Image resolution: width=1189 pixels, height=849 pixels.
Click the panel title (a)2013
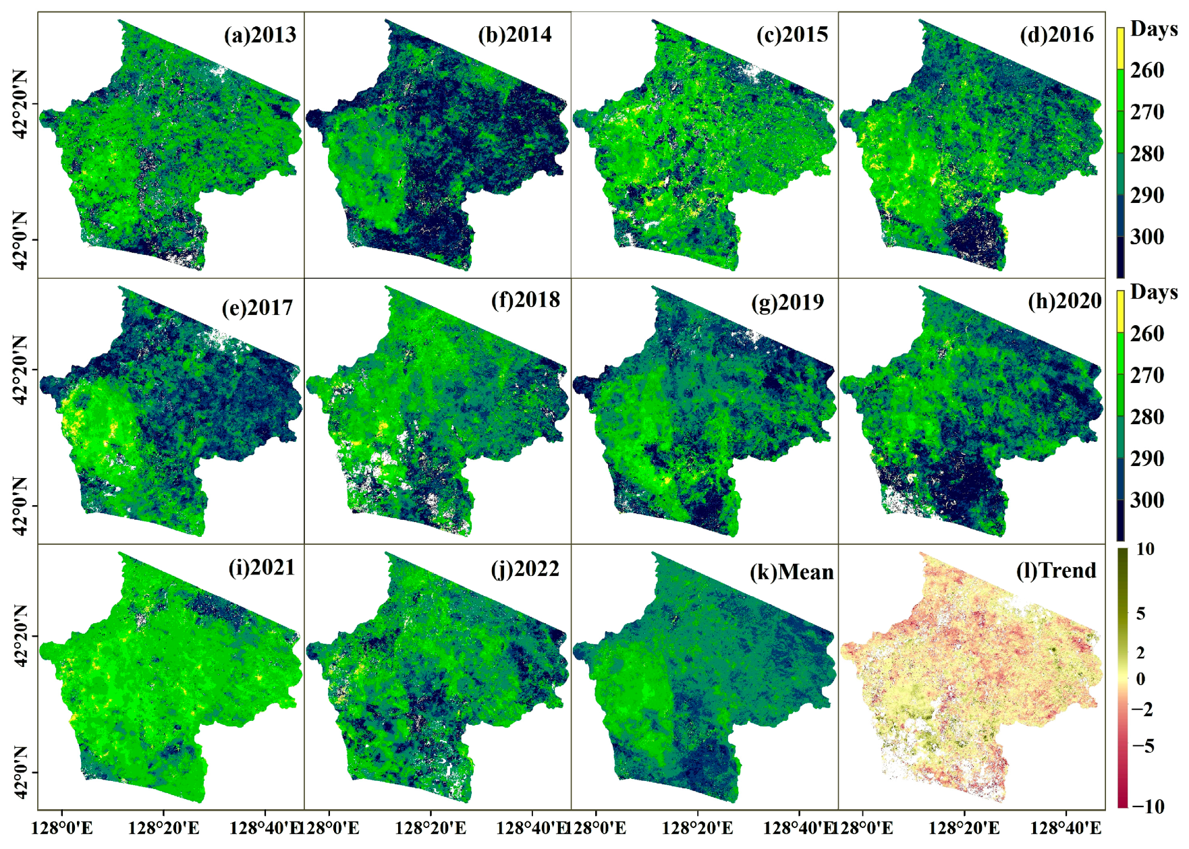[x=260, y=34]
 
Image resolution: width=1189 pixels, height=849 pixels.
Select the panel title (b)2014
[x=514, y=34]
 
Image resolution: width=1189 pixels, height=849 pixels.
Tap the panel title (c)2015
[x=792, y=34]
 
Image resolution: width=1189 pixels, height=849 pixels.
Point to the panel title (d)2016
[x=1057, y=34]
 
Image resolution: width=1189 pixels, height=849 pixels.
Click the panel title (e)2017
[x=257, y=308]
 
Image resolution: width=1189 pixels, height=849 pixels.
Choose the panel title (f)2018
[x=526, y=299]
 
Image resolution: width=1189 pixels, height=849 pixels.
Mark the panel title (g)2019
[x=787, y=302]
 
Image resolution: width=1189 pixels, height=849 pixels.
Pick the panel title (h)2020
[x=1065, y=301]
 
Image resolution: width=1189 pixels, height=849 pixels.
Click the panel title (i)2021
[x=262, y=567]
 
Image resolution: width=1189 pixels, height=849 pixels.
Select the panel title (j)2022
[x=525, y=568]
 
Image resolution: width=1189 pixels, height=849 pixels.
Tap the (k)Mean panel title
[x=792, y=572]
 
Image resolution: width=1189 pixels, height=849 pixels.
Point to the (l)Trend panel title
[x=1056, y=570]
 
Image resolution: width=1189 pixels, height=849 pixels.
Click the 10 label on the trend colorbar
[x=1145, y=550]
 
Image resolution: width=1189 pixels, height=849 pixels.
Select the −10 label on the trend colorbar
[x=1148, y=806]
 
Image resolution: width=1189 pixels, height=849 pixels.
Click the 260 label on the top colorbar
[x=1147, y=70]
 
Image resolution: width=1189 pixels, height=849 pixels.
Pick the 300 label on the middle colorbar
[x=1147, y=500]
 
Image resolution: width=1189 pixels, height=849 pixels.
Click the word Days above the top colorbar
[x=1154, y=29]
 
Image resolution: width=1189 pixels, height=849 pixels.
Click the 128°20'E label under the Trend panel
[x=964, y=827]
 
